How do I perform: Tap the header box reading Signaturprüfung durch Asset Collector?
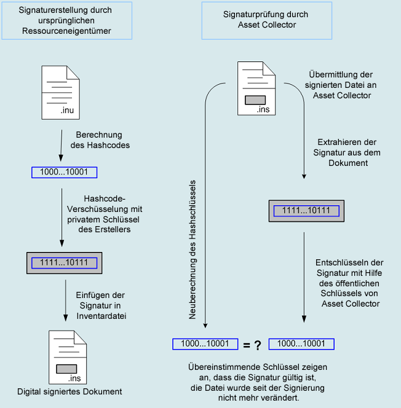[x=266, y=21]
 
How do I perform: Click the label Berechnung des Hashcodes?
[x=99, y=139]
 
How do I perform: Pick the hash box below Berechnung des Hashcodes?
[x=64, y=173]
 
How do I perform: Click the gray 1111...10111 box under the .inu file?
[x=64, y=262]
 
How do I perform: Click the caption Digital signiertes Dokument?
[x=69, y=391]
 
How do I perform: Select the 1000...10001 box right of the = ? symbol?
[x=301, y=343]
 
